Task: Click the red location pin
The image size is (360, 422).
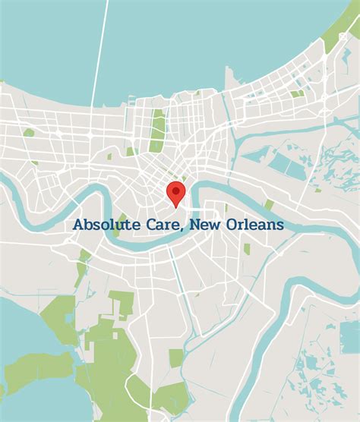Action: (x=176, y=193)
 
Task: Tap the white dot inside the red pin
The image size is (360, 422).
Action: (x=176, y=190)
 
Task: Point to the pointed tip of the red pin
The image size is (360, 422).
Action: (x=176, y=206)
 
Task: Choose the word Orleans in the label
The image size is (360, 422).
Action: (x=254, y=225)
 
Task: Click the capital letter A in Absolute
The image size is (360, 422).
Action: (x=78, y=225)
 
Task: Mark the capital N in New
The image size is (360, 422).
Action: (x=195, y=225)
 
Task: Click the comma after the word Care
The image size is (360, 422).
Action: (x=180, y=230)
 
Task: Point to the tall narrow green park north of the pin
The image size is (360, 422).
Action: (x=158, y=129)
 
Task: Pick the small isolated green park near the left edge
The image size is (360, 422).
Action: (x=29, y=132)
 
